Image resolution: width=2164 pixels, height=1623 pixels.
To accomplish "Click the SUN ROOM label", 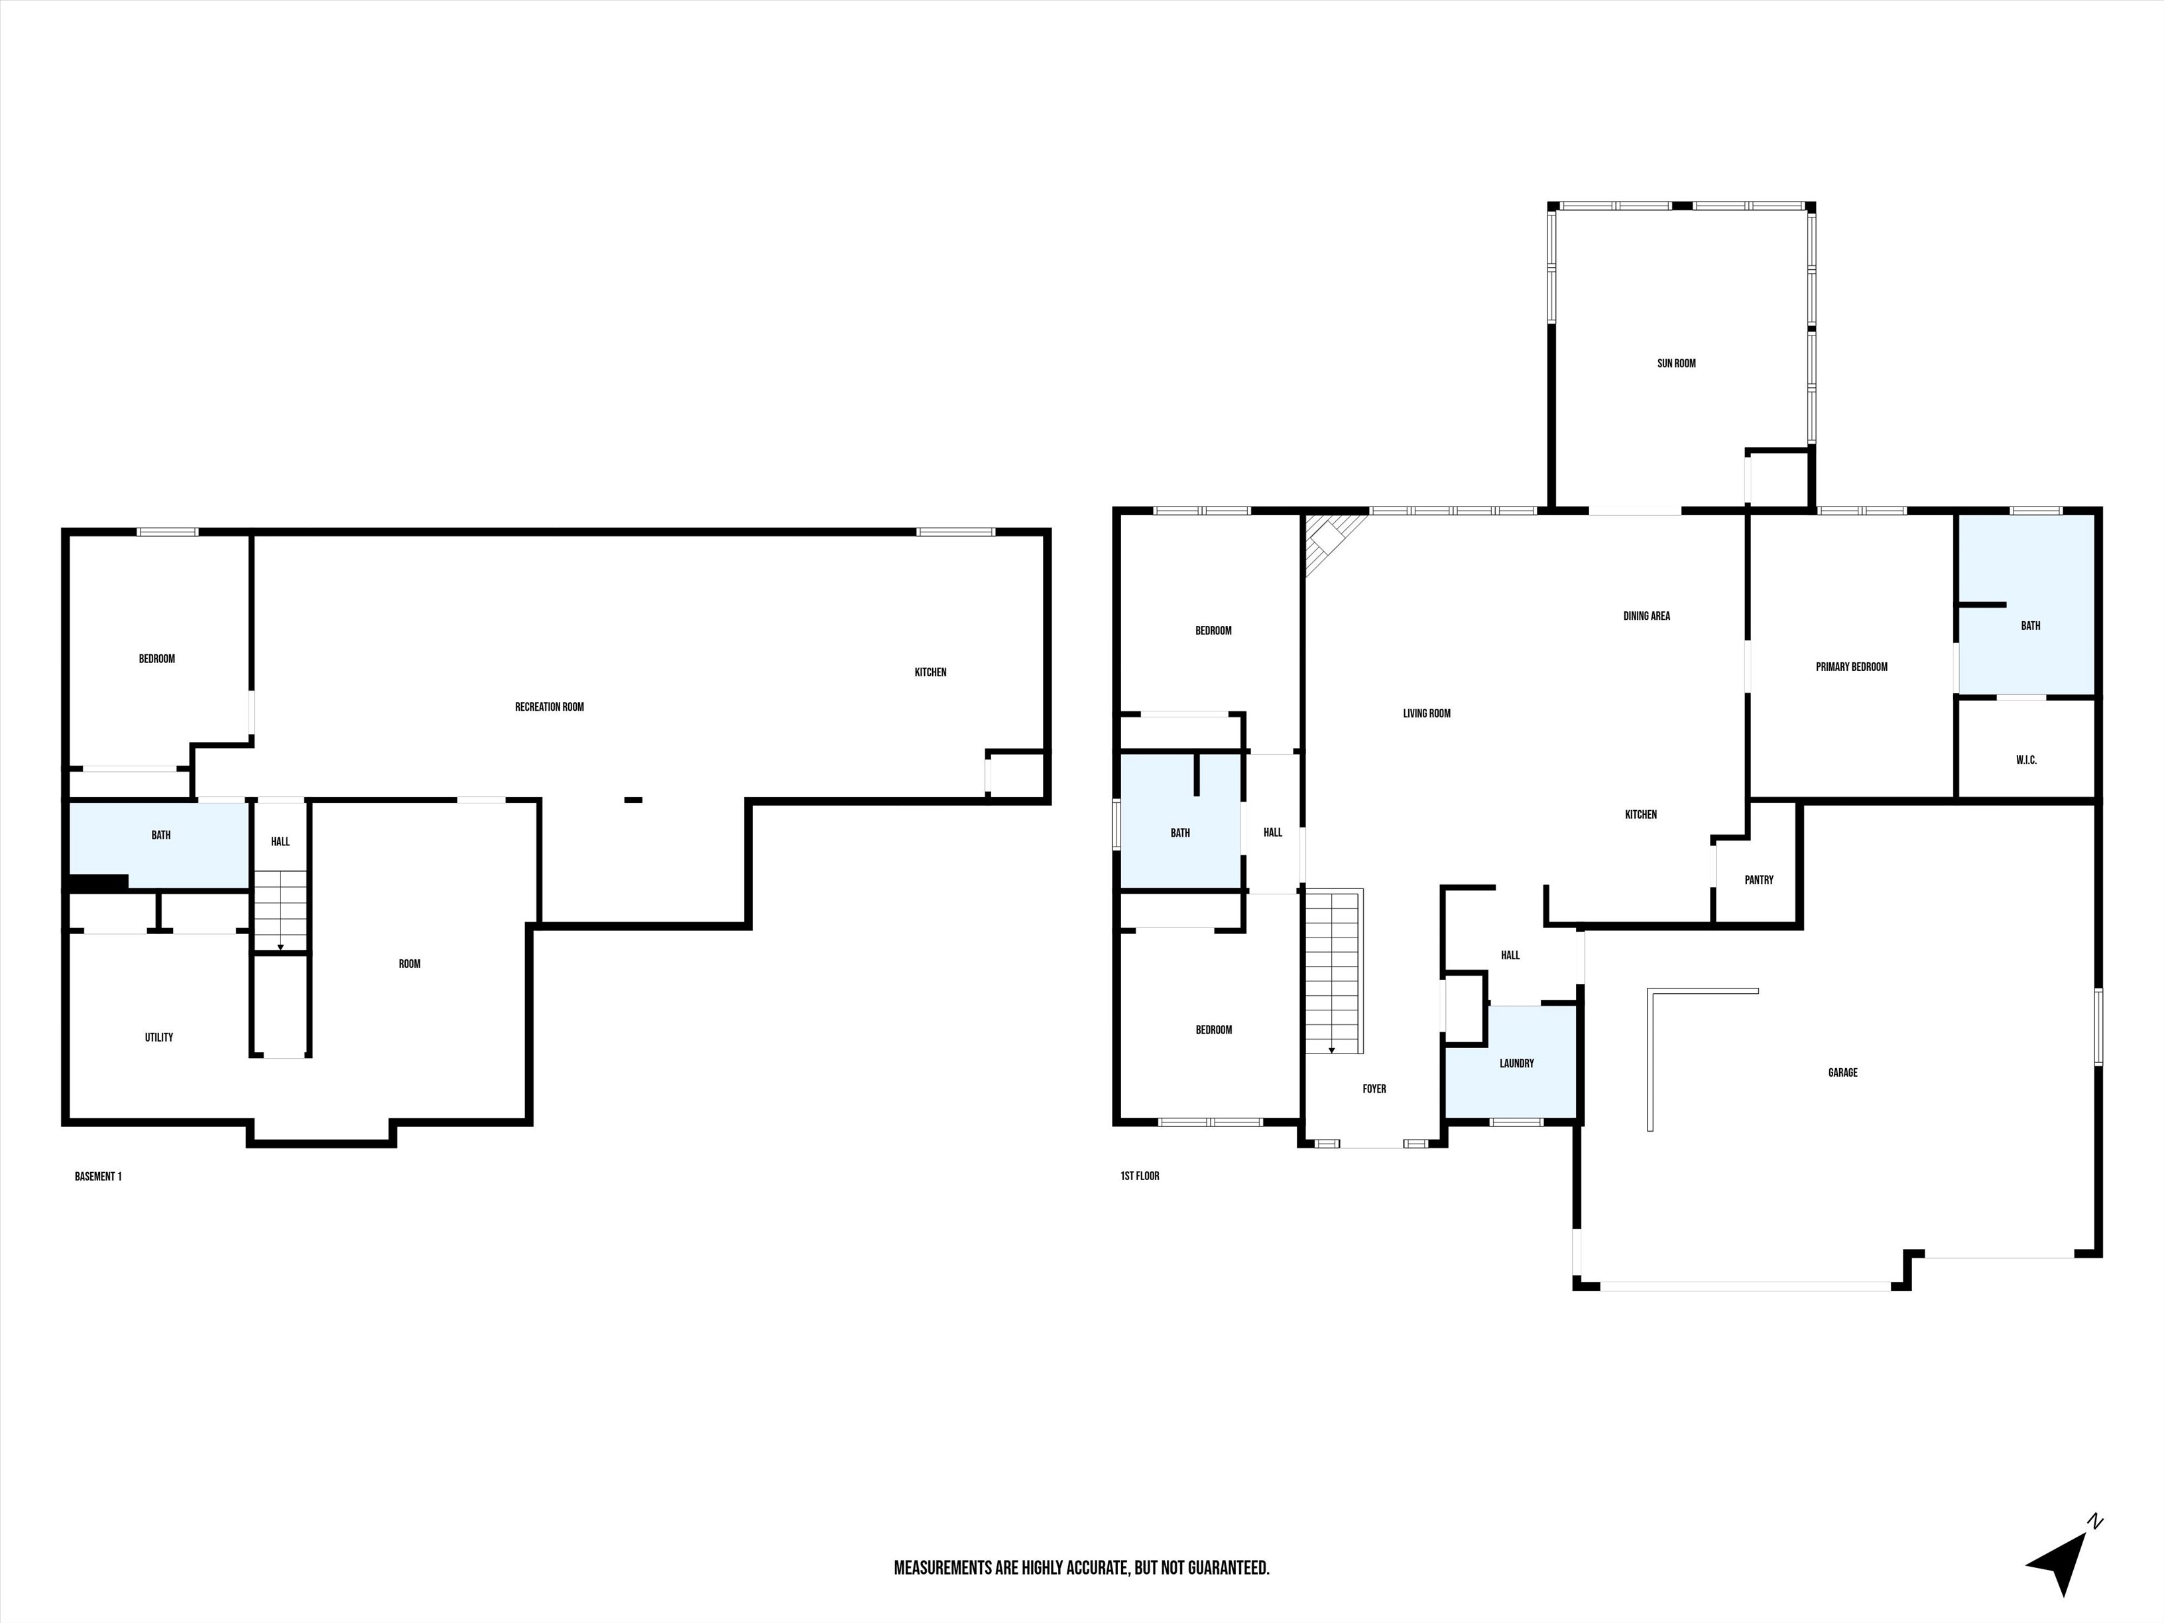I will tap(1676, 363).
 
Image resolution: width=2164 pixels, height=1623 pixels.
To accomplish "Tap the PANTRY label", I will tap(1758, 880).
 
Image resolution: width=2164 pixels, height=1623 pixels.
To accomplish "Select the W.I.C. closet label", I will tap(2026, 759).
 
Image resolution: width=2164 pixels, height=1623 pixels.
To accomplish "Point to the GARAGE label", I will tap(1842, 1072).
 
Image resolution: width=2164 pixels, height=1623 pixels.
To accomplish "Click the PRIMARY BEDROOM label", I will tap(1851, 666).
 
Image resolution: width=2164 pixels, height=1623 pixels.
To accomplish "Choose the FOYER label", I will tap(1374, 1088).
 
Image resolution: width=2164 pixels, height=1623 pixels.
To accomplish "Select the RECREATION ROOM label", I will tap(549, 706).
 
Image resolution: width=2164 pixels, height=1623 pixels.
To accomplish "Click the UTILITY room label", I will tap(158, 1037).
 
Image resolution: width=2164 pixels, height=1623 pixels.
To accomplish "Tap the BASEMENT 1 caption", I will tap(98, 1176).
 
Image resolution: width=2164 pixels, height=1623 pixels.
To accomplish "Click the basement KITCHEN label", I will tap(930, 672).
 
